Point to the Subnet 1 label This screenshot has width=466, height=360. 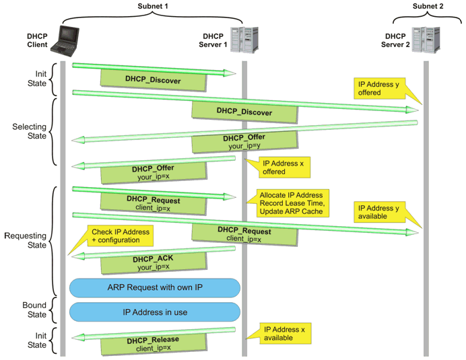click(154, 5)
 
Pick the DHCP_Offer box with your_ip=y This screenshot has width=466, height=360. click(244, 141)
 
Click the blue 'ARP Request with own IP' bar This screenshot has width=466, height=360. click(155, 287)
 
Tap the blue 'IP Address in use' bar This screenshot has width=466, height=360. click(155, 312)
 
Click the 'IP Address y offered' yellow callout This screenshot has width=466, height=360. click(378, 88)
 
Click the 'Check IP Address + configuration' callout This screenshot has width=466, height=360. click(119, 236)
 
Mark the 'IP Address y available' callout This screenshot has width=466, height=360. click(378, 213)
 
